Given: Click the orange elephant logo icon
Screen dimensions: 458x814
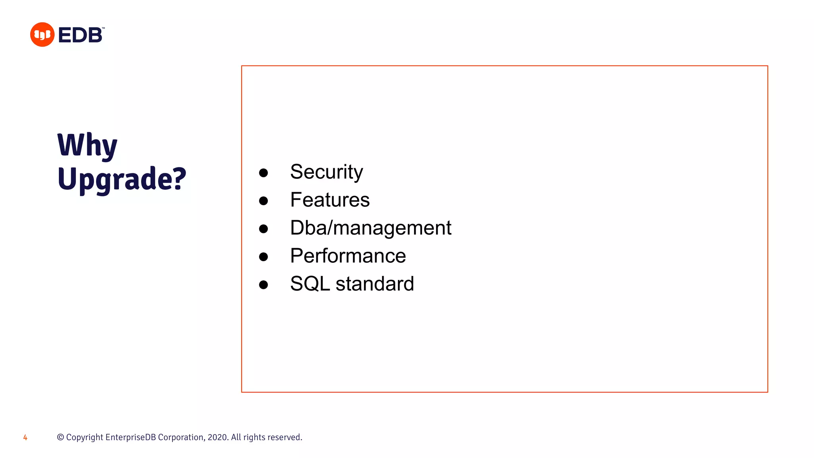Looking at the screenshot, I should (42, 35).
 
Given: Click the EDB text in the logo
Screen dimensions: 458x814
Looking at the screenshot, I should (81, 35).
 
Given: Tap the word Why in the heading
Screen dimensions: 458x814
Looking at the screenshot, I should (87, 146).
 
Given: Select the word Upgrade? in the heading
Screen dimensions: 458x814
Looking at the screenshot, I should (122, 179).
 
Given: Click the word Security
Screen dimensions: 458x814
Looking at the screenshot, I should (326, 172).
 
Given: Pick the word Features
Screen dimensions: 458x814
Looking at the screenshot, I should (329, 200).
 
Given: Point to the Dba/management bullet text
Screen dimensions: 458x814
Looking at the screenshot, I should (370, 228).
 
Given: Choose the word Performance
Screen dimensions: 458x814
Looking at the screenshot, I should (348, 256).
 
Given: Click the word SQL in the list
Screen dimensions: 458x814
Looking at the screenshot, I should (310, 284).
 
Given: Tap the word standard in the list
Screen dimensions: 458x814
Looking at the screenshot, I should (374, 284).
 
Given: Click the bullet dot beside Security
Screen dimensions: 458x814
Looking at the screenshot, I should (263, 173).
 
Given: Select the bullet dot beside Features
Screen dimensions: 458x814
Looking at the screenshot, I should (263, 201).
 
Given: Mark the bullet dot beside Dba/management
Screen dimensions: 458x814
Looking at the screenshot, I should (263, 229).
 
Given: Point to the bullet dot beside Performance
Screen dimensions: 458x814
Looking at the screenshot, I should (263, 257).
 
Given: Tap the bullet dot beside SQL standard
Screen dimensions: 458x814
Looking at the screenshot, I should (263, 285).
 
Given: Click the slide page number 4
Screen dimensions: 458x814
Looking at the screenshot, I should (25, 438).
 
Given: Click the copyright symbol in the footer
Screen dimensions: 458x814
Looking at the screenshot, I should (60, 437).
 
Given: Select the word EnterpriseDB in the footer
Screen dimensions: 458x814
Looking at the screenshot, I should (130, 437).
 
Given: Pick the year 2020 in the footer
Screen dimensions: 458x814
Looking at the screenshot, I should (217, 437).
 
